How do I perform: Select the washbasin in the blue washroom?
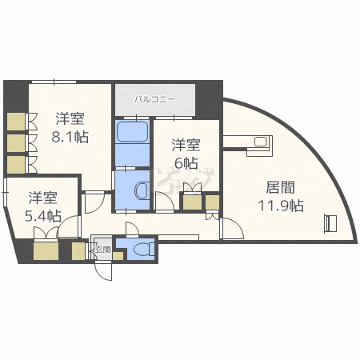click(140, 191)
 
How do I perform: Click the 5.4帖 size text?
click(42, 216)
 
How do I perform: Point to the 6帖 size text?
click(186, 162)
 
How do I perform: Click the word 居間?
click(280, 189)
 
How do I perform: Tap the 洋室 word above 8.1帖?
click(71, 118)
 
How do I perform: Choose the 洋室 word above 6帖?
click(186, 145)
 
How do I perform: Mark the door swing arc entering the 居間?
click(229, 228)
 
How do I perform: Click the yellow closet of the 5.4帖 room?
click(46, 250)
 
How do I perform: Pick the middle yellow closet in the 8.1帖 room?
click(15, 142)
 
